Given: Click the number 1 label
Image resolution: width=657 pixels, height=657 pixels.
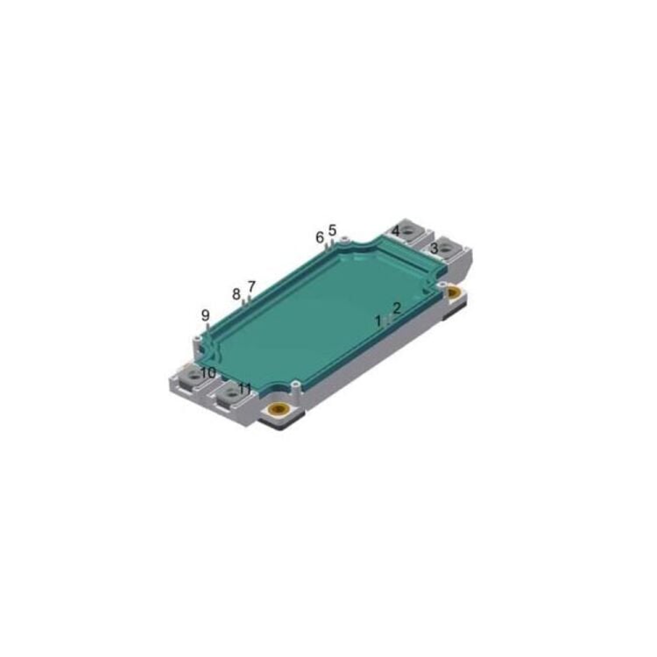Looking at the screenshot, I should pos(379,321).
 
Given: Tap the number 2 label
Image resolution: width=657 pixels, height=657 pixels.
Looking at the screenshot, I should pos(396,308).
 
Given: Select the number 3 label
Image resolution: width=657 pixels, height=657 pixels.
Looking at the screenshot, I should pos(434,248).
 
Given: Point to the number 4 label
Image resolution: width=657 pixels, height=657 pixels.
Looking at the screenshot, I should pos(396,230).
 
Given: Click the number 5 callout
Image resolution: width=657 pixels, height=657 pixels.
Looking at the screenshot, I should pos(332,230).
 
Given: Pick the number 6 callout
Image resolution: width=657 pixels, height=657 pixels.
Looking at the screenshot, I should pos(320,237).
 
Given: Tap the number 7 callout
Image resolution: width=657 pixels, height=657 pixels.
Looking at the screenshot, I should pos(251,286).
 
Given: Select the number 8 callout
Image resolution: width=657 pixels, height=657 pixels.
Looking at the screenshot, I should pos(237,293).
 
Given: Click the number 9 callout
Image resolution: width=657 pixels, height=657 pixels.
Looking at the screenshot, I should pos(206,315).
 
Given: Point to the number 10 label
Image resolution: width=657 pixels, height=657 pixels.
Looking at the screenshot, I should pos(208,372).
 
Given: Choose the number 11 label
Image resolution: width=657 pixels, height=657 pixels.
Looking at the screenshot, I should pos(244,388).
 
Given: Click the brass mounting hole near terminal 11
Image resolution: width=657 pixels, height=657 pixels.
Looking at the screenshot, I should pos(280,410).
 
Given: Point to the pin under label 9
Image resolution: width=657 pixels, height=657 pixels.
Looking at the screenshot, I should pos(207,329).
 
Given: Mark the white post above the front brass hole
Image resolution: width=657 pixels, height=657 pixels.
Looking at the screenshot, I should pos(297,383).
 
